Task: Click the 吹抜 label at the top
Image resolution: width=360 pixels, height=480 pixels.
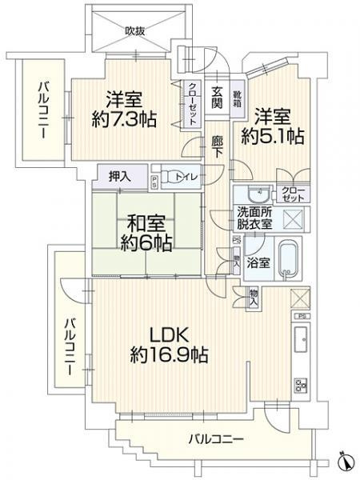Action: pyautogui.click(x=134, y=31)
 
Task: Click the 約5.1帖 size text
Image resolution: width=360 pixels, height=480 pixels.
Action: pyautogui.click(x=273, y=136)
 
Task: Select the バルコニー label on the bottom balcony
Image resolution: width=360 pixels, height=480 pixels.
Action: pyautogui.click(x=215, y=439)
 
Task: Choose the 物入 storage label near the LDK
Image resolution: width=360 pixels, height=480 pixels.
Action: pyautogui.click(x=254, y=298)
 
